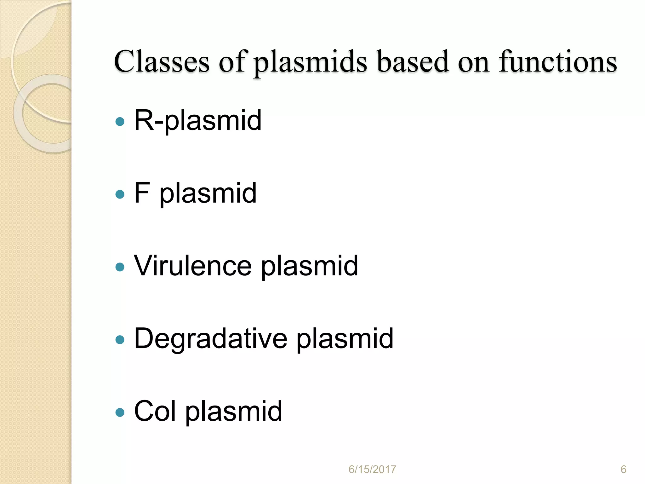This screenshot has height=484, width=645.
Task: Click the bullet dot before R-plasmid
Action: (120, 122)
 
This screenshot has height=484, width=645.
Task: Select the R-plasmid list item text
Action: (198, 120)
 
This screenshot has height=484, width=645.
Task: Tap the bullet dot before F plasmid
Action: (120, 194)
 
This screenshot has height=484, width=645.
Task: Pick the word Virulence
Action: (193, 266)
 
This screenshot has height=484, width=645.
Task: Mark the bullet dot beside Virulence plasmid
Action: (120, 267)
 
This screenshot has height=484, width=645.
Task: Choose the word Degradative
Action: (210, 338)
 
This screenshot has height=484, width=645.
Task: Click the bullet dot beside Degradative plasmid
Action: (120, 340)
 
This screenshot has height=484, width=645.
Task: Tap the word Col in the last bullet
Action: (155, 411)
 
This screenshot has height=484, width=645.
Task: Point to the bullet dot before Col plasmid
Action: (120, 412)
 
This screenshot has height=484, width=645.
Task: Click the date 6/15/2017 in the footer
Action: (372, 470)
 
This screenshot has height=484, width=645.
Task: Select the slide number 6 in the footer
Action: (623, 470)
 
